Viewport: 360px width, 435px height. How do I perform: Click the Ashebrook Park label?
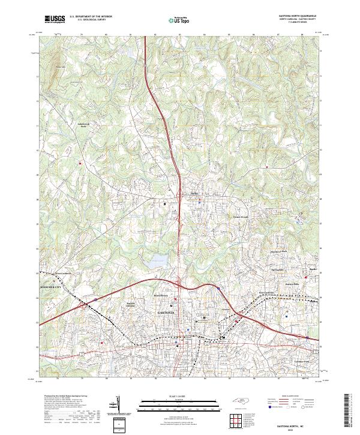[83, 125]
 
